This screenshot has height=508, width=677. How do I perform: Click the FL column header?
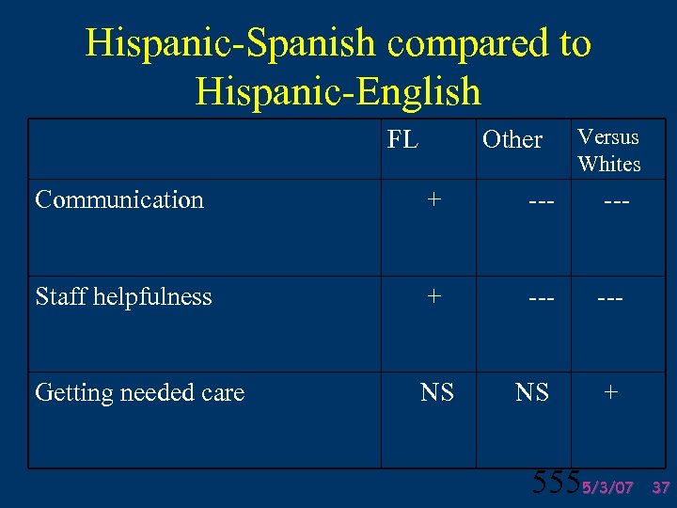click(x=402, y=140)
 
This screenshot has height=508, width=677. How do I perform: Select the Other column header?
click(x=512, y=140)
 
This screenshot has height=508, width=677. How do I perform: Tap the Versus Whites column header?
click(x=608, y=151)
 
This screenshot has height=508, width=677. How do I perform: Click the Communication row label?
click(x=119, y=199)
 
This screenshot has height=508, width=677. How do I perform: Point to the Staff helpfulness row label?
click(x=123, y=296)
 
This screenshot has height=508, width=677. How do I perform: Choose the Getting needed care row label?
click(x=139, y=392)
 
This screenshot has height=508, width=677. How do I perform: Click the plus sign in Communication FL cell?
click(x=433, y=199)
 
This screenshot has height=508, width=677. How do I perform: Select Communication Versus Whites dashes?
click(x=616, y=201)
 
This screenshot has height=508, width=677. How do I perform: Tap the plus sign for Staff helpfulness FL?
click(x=433, y=295)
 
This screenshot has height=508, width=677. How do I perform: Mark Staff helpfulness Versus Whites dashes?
click(x=609, y=298)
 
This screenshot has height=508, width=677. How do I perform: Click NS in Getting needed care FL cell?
click(x=436, y=392)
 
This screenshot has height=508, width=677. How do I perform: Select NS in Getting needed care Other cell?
click(x=532, y=392)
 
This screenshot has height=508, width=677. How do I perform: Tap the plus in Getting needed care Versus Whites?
click(x=610, y=391)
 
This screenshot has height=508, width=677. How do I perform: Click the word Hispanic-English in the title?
click(x=338, y=91)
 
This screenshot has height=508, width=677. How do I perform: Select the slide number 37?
click(x=660, y=488)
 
